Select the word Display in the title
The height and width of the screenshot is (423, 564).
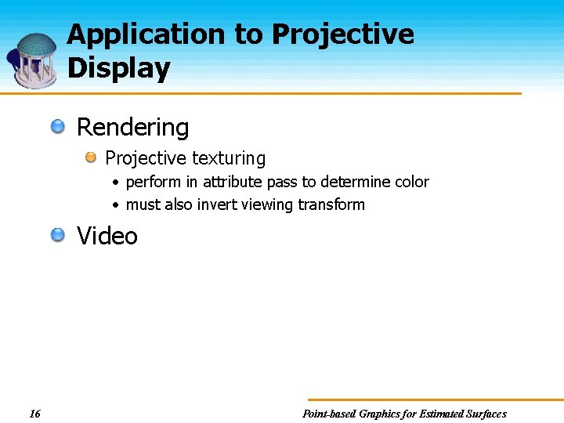(118, 69)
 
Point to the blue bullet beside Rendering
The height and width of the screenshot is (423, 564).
(59, 126)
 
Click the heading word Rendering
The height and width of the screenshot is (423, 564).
(132, 127)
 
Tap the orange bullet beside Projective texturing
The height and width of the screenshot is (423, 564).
(92, 158)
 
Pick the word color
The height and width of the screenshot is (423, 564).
(411, 182)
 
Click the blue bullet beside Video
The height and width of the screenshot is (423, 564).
(59, 235)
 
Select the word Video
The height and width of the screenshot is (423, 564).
(107, 236)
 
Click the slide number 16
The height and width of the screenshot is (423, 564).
(34, 414)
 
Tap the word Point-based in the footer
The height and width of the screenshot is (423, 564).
(328, 414)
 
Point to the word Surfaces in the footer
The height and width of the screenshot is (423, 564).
(486, 414)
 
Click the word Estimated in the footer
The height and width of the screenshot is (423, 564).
(440, 414)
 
